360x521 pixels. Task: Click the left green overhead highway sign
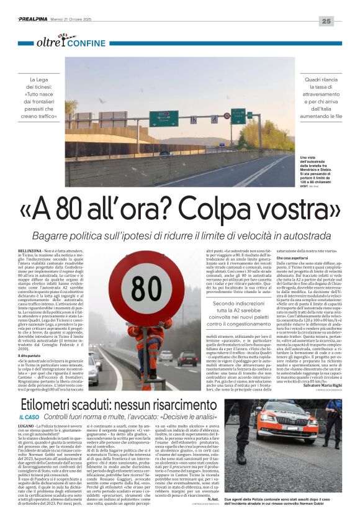(x=163, y=119)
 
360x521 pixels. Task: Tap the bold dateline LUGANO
(x=28, y=427)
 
